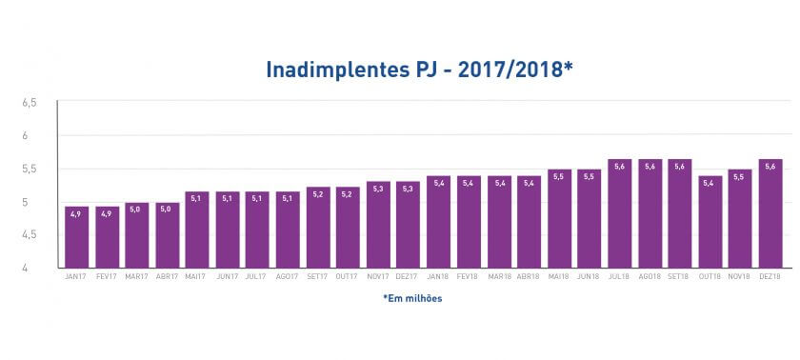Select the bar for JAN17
[76, 237]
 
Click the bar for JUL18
[619, 214]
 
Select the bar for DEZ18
[770, 214]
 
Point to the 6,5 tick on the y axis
[30, 102]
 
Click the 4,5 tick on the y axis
[30, 234]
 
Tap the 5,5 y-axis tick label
[30, 169]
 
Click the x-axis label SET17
[317, 277]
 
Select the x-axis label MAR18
[498, 277]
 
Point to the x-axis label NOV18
[740, 277]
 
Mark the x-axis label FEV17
[107, 277]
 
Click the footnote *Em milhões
[412, 298]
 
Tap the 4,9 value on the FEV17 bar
[107, 213]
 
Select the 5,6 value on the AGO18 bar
[650, 166]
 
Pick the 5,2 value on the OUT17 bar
[348, 193]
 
